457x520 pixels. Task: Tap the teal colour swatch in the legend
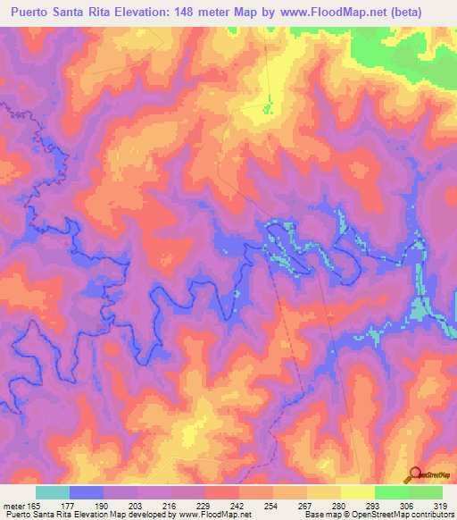click(53, 491)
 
